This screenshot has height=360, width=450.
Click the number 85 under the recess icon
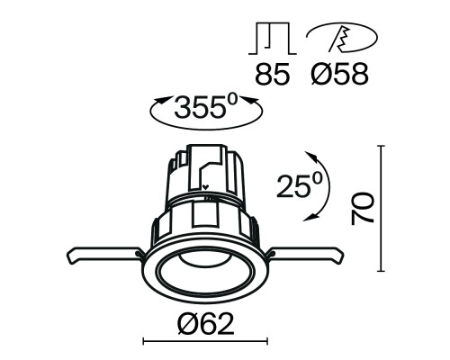(272, 74)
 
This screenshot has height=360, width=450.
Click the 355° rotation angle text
(206, 110)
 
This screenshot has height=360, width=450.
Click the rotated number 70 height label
(363, 208)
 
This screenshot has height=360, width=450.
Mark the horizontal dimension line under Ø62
(205, 342)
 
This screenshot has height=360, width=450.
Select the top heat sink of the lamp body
(206, 171)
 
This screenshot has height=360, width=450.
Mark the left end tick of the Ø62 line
(145, 342)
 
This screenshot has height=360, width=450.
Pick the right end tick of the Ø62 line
(266, 342)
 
